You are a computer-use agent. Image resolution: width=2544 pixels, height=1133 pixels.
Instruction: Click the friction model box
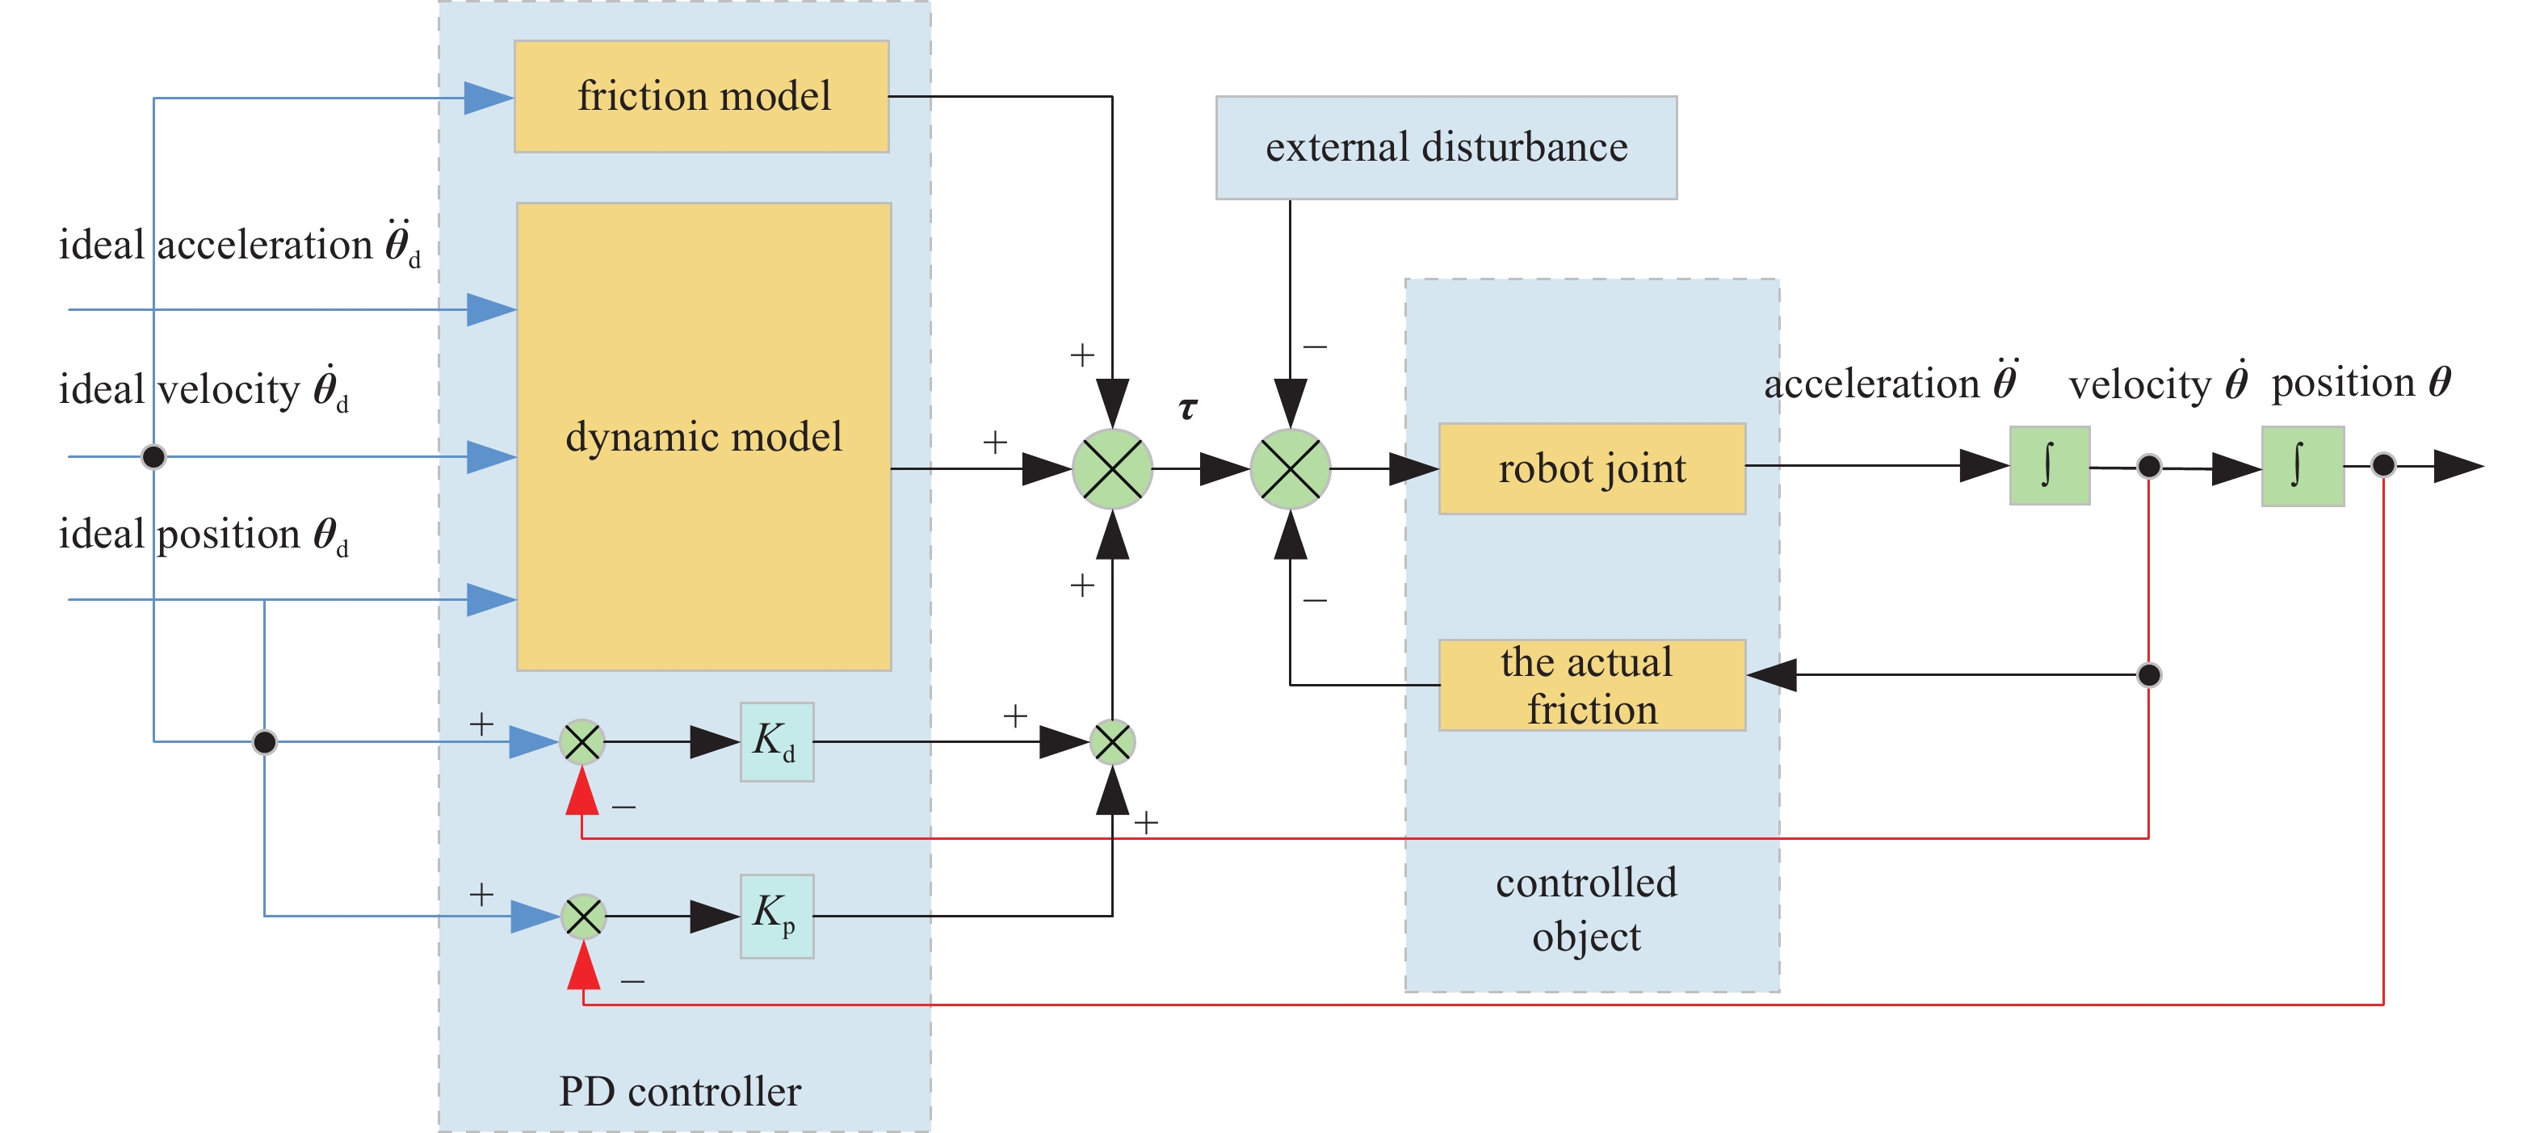pyautogui.click(x=701, y=96)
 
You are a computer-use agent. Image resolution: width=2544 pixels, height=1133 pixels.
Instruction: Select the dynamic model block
pyautogui.click(x=703, y=437)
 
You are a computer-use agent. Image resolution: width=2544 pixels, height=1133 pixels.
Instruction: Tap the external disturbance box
pyautogui.click(x=1445, y=147)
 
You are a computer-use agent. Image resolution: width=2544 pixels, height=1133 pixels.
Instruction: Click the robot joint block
pyautogui.click(x=1591, y=468)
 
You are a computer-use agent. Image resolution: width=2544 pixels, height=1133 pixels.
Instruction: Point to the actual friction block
pyautogui.click(x=1591, y=685)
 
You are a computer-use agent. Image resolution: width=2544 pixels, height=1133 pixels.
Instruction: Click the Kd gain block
pyautogui.click(x=776, y=742)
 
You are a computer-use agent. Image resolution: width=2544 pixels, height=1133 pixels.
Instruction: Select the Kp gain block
pyautogui.click(x=776, y=916)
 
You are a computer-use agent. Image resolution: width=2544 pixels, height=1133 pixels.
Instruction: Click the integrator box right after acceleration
pyautogui.click(x=2048, y=465)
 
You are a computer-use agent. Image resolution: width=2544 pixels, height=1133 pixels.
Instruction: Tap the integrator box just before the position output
pyautogui.click(x=2301, y=466)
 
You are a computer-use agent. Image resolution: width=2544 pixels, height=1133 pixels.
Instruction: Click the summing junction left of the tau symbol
pyautogui.click(x=1112, y=468)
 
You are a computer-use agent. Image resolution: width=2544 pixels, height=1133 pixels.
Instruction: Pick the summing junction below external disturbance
pyautogui.click(x=1290, y=468)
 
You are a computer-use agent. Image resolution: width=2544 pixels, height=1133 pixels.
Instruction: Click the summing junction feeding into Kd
pyautogui.click(x=581, y=742)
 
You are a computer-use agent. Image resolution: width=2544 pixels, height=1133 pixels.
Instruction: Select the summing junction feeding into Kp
pyautogui.click(x=582, y=917)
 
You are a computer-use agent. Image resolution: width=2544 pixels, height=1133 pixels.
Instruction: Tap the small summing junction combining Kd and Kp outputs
pyautogui.click(x=1112, y=742)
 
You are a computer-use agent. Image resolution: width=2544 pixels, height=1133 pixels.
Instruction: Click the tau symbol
pyautogui.click(x=1188, y=407)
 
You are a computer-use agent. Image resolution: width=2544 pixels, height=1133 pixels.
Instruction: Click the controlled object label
pyautogui.click(x=1586, y=908)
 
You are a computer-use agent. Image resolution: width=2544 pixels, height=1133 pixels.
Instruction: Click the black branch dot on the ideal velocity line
pyautogui.click(x=154, y=456)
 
